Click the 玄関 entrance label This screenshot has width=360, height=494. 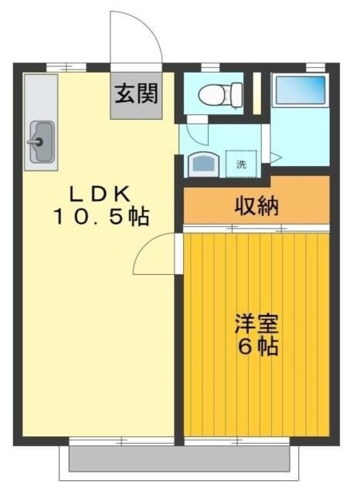136,94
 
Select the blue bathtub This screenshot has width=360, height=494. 300,91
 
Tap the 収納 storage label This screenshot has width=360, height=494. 256,206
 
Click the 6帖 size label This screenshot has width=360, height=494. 256,347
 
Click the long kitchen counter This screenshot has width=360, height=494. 41,123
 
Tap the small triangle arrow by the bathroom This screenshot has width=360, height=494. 275,158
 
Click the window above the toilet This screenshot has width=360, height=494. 209,67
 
